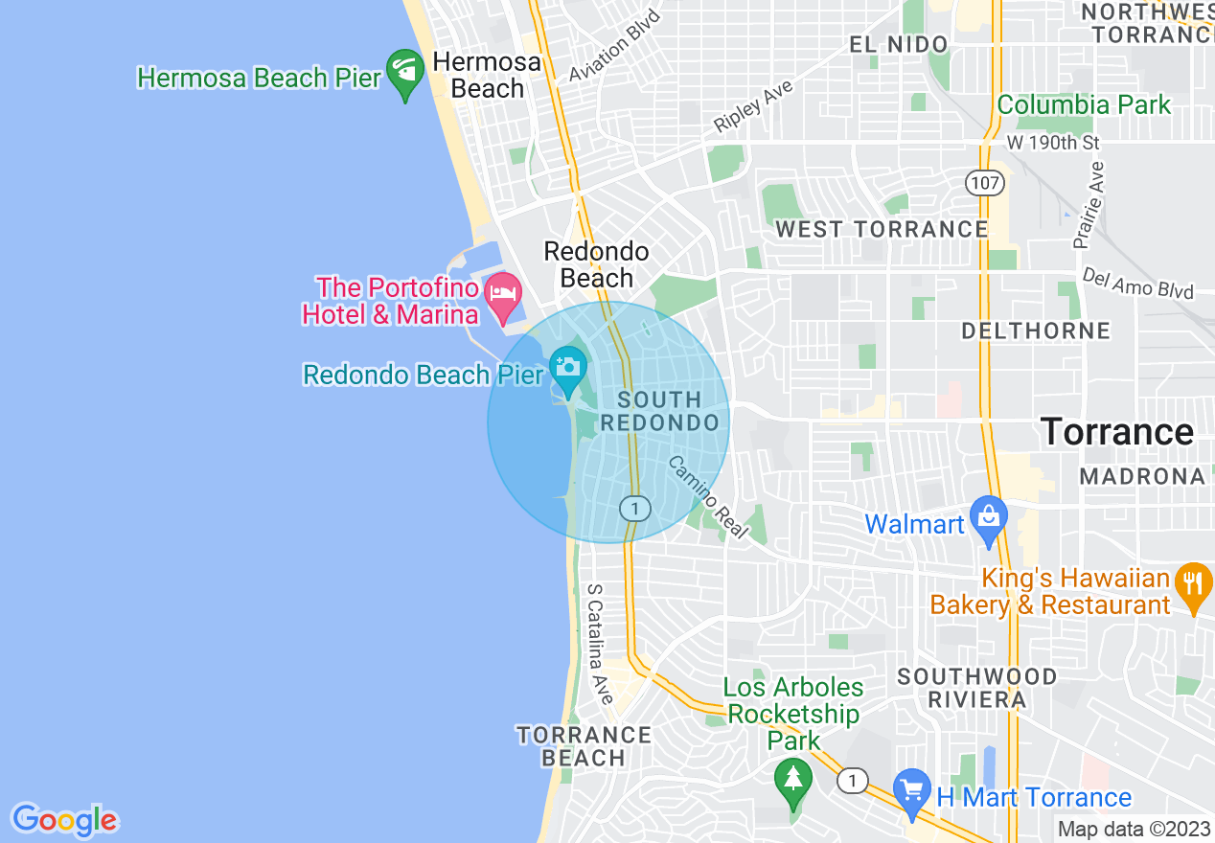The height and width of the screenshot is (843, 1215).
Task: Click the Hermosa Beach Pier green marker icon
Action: pos(405,73)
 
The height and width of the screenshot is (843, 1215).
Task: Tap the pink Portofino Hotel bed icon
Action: pos(503,296)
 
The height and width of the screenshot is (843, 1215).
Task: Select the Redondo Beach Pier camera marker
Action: pos(568,369)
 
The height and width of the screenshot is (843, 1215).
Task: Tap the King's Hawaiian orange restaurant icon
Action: pos(1193,586)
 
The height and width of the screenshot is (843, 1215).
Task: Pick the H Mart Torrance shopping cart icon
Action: pos(912,791)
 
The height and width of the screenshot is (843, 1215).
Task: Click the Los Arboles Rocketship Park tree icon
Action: pos(793,779)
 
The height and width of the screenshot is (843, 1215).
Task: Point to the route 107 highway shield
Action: pos(984,182)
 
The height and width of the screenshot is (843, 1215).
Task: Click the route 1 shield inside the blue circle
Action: pos(634,508)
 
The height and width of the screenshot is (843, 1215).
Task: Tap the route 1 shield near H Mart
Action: pos(852,782)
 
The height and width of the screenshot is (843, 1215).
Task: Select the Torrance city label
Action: pos(1117,432)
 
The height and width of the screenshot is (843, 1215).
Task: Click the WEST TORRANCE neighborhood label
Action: pos(882,229)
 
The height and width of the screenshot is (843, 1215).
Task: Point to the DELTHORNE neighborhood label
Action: pos(1036,331)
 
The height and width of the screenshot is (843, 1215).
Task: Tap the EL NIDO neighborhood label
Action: pos(899,44)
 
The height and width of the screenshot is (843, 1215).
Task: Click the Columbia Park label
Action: pos(1084,104)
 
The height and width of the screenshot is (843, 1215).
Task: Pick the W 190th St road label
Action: pos(1052,143)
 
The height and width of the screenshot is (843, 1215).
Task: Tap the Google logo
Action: pos(64,820)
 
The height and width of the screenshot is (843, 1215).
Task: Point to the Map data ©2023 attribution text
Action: pos(1134,829)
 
